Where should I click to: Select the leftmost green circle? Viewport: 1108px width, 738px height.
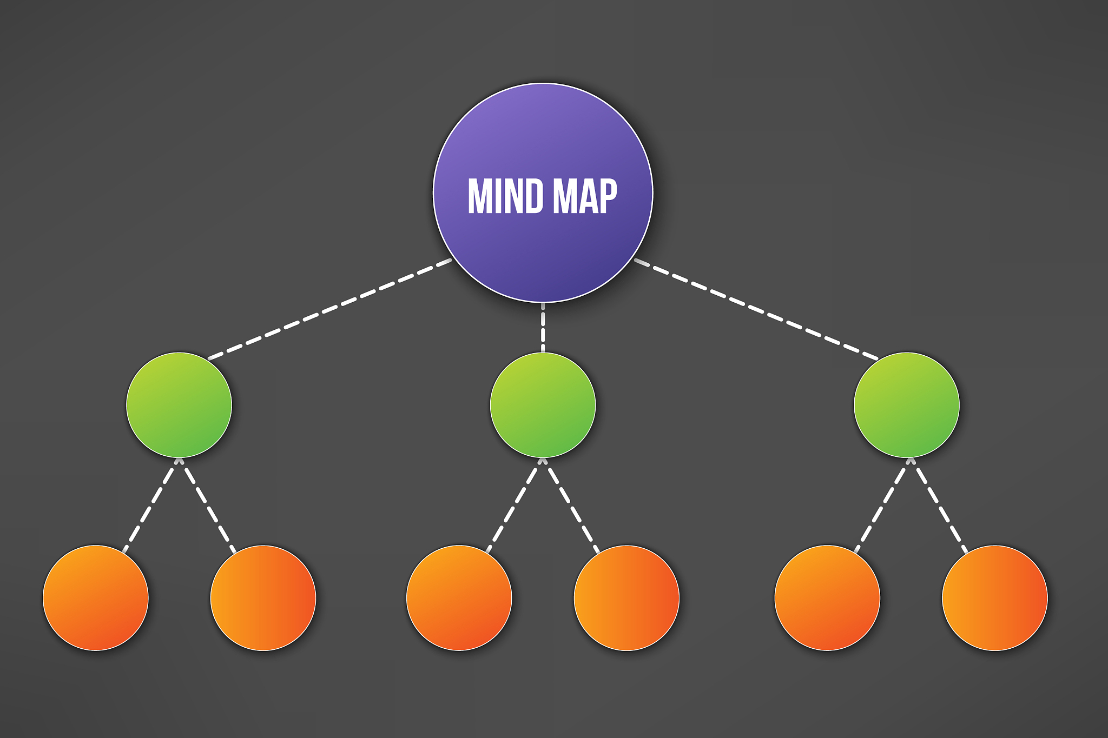coord(179,405)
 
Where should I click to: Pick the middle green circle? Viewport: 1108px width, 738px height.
coord(543,405)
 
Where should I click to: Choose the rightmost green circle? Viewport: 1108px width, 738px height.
coord(906,405)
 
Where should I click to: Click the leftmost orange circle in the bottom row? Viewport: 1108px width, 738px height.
coord(96,598)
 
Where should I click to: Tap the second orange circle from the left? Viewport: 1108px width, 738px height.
coord(263,598)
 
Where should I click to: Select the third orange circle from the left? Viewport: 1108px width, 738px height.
coord(459,598)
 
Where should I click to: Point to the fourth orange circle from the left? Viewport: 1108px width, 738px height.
coord(626,598)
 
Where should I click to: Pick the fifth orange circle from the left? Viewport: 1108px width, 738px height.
coord(827,598)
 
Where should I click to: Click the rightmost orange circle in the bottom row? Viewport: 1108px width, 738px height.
coord(994,598)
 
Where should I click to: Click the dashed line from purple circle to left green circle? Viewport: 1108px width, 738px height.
coord(330,309)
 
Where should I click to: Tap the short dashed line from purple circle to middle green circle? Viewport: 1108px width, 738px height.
coord(543,328)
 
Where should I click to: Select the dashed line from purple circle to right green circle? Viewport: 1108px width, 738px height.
coord(756,310)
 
